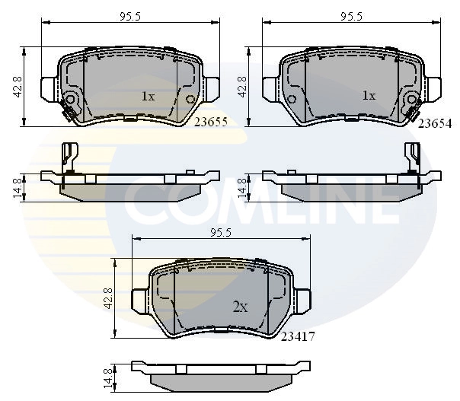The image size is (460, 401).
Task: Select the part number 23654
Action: click(433, 121)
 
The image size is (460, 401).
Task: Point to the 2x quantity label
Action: click(240, 307)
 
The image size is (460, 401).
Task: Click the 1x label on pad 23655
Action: click(148, 97)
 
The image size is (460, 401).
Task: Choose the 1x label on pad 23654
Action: click(369, 96)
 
